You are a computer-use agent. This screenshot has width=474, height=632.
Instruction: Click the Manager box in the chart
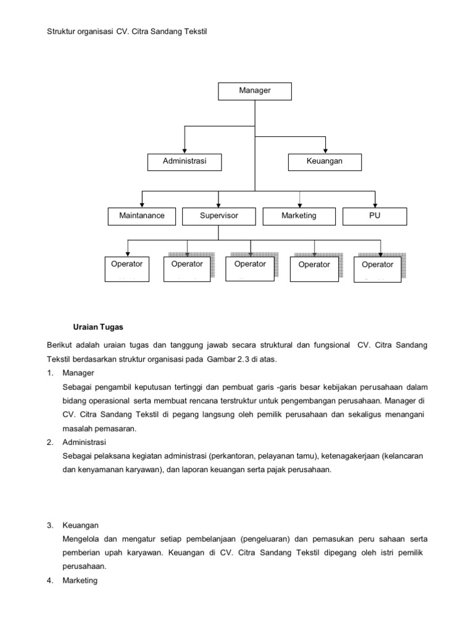pyautogui.click(x=255, y=91)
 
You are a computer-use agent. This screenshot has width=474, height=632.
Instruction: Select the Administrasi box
pyautogui.click(x=184, y=162)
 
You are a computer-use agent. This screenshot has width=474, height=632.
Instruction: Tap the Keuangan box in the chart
pyautogui.click(x=325, y=162)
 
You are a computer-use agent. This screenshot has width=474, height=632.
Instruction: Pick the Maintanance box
pyautogui.click(x=142, y=216)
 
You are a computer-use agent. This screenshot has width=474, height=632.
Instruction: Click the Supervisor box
pyautogui.click(x=218, y=216)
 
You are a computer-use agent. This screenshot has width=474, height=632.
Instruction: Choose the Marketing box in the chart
pyautogui.click(x=299, y=216)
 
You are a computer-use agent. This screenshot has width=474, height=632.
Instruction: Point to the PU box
pyautogui.click(x=375, y=216)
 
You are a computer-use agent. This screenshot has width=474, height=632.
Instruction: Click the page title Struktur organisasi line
pyautogui.click(x=126, y=31)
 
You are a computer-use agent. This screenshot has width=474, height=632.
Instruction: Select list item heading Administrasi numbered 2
pyautogui.click(x=85, y=443)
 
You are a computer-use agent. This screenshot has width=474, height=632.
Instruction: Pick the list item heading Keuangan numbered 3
pyautogui.click(x=81, y=525)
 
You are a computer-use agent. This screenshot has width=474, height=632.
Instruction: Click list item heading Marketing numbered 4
pyautogui.click(x=80, y=581)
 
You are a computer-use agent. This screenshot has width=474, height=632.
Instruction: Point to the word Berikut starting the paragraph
pyautogui.click(x=60, y=345)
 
